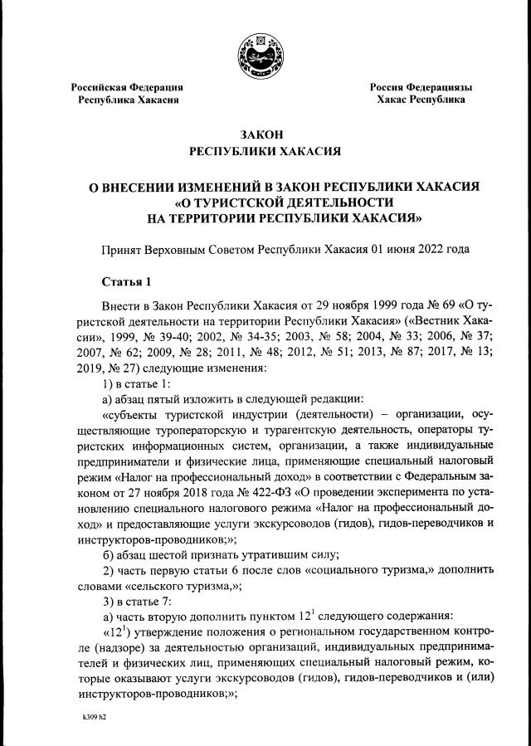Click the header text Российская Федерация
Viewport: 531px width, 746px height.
pyautogui.click(x=127, y=87)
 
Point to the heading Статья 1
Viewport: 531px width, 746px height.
pyautogui.click(x=127, y=280)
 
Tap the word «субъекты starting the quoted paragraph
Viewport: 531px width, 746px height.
pyautogui.click(x=132, y=413)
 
